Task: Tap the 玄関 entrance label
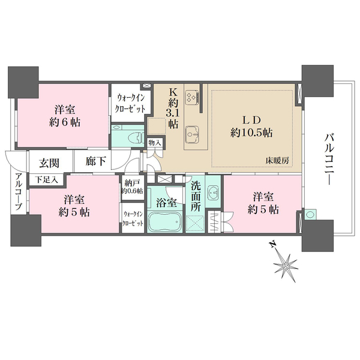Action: click(x=49, y=163)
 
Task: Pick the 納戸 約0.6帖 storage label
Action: click(x=132, y=187)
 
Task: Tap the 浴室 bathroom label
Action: click(x=166, y=203)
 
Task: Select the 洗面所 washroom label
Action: click(x=196, y=197)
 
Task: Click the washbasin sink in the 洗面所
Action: click(x=213, y=193)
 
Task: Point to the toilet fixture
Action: click(x=136, y=139)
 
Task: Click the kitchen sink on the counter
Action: click(x=193, y=134)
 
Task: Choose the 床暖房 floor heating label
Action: click(x=277, y=160)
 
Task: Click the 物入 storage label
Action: click(x=155, y=143)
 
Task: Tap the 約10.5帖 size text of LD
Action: click(x=251, y=133)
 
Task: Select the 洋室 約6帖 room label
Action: click(x=65, y=116)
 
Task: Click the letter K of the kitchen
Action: click(x=173, y=92)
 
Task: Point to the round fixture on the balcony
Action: click(x=310, y=214)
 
